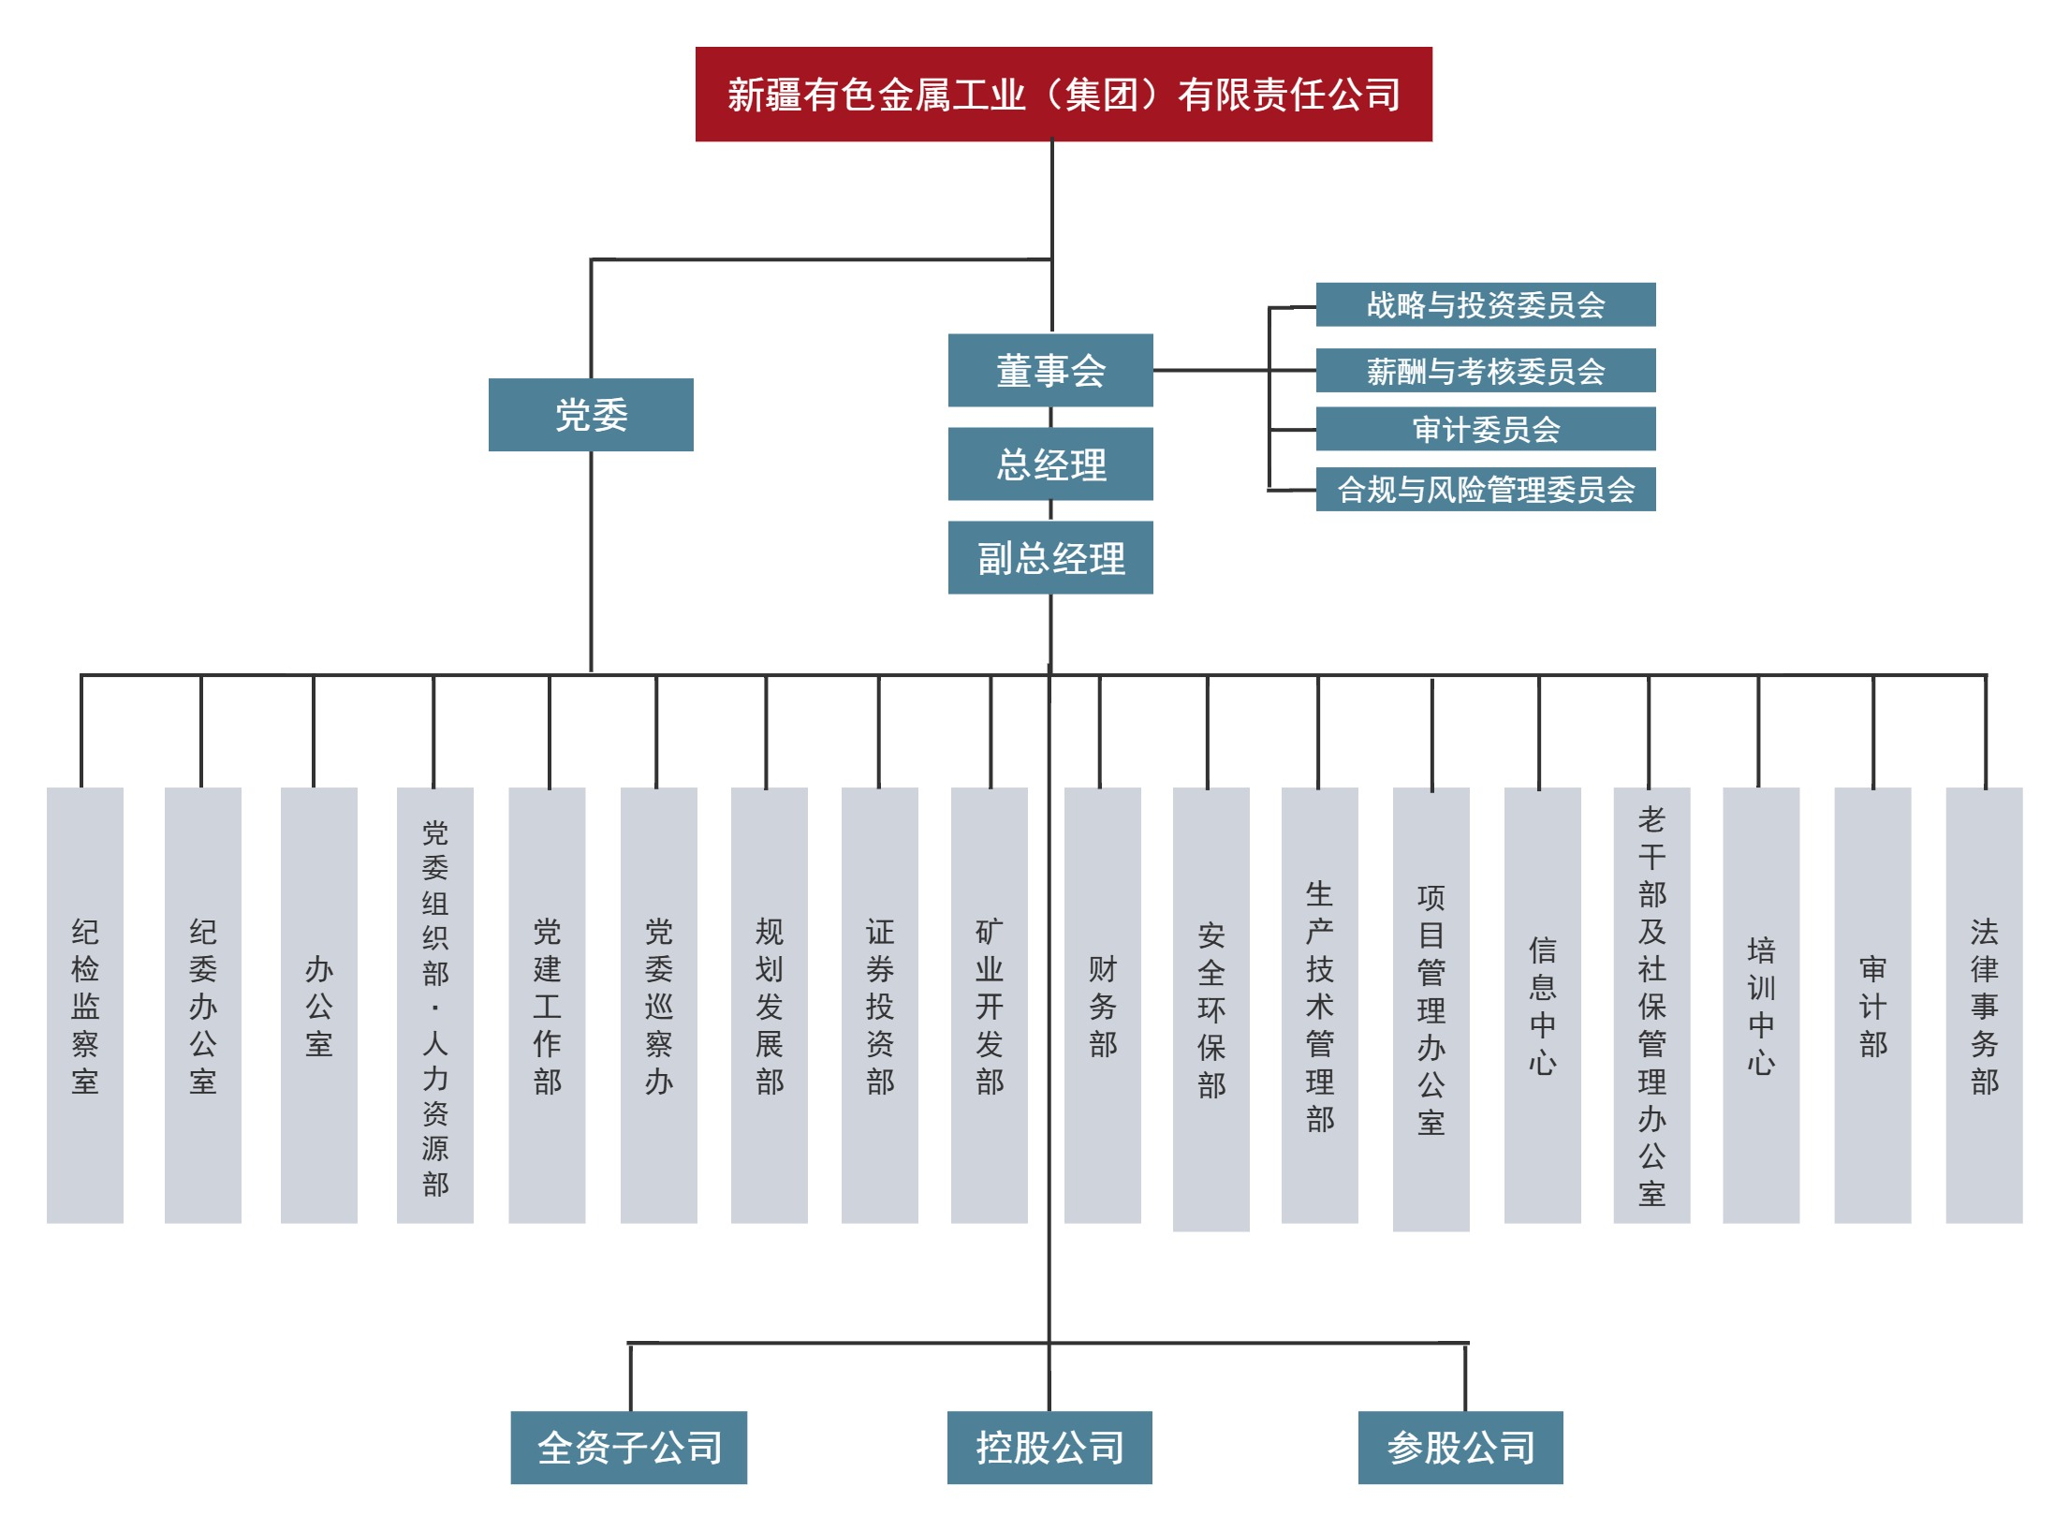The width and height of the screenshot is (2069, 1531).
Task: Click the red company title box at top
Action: (x=1063, y=95)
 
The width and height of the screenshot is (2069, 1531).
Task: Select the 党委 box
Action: (x=591, y=415)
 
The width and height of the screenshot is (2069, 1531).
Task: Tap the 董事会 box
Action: (x=1049, y=371)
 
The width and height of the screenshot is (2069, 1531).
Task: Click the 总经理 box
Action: (x=1049, y=464)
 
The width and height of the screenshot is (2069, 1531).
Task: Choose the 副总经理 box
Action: (x=1049, y=558)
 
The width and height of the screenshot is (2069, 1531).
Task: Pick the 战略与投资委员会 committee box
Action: (x=1485, y=304)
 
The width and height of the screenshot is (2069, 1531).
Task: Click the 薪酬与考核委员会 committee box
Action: (x=1485, y=371)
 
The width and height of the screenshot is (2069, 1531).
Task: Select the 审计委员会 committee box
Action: (x=1485, y=429)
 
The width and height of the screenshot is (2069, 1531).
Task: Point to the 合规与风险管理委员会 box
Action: (x=1485, y=489)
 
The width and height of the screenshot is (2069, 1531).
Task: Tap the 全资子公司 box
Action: (x=628, y=1448)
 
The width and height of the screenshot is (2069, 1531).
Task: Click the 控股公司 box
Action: (x=1049, y=1448)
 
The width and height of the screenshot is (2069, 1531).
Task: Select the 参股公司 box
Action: (x=1460, y=1448)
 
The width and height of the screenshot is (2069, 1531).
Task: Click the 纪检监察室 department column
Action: (x=85, y=1005)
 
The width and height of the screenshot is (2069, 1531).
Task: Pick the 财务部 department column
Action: (x=1102, y=1005)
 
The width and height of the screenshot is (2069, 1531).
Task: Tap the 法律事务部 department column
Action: (x=1983, y=1005)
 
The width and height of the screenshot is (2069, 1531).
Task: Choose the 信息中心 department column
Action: (x=1542, y=1005)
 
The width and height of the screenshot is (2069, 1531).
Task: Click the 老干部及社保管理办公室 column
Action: (x=1651, y=1005)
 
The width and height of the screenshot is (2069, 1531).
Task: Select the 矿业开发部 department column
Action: (x=989, y=1005)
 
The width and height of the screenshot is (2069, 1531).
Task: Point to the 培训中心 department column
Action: (x=1760, y=1005)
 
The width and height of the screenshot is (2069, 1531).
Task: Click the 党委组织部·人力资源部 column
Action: (x=434, y=1005)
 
